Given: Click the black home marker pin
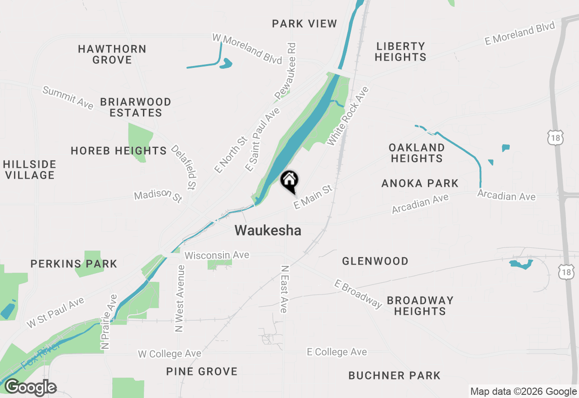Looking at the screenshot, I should (289, 181).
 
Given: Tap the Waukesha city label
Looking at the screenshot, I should (268, 231).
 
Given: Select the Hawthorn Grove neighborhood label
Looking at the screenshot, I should (112, 54).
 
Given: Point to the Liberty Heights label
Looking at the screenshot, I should (400, 52).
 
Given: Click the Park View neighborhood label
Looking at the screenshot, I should (304, 24).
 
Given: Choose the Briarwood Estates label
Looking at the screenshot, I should (136, 107).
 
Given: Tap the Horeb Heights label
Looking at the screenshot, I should (119, 151).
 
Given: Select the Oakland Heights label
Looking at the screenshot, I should (417, 153).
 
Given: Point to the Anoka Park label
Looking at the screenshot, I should (420, 183).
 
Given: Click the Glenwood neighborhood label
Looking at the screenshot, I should (375, 261).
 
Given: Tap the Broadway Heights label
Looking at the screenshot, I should (420, 306).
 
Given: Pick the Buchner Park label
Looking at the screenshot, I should (394, 375).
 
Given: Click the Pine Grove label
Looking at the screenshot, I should (202, 371).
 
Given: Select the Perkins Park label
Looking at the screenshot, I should (74, 264).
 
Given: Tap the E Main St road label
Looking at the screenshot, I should (313, 197).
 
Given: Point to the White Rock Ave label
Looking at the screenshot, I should (348, 116).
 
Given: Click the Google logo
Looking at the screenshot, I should (30, 388).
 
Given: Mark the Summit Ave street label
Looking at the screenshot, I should (68, 97).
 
